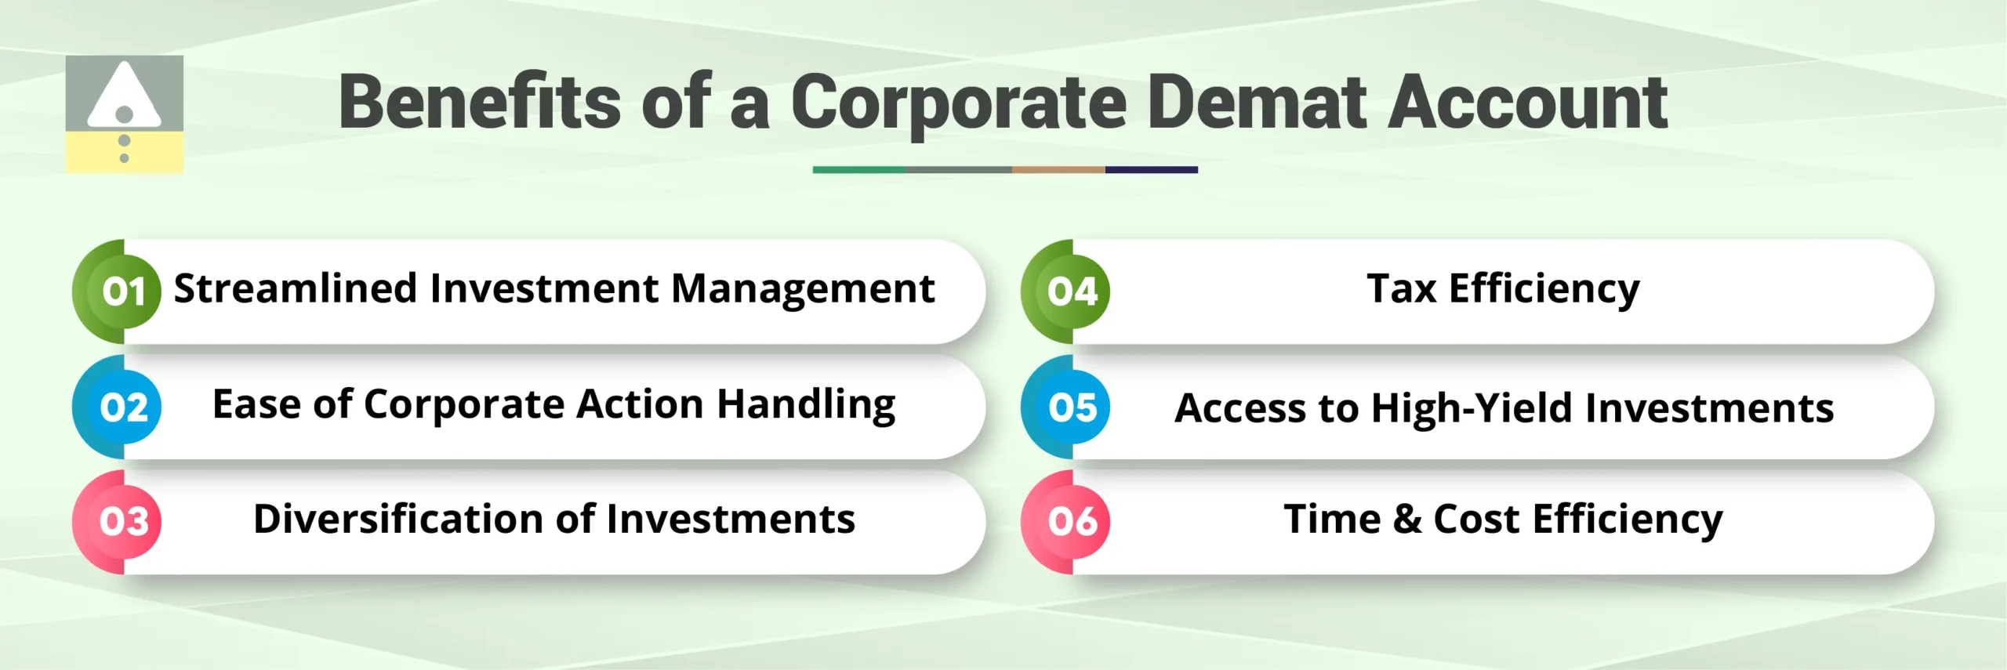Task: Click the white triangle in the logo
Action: (124, 98)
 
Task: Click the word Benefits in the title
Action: (479, 103)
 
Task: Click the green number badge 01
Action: (124, 292)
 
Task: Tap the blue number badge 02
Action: (124, 407)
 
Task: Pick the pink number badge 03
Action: (124, 522)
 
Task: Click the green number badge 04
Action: (1072, 292)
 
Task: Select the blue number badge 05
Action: (1072, 407)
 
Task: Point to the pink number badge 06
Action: (1072, 522)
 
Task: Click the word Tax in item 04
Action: (1401, 288)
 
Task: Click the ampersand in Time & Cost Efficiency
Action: (1407, 520)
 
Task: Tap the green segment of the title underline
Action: (859, 169)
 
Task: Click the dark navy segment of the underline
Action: (1151, 169)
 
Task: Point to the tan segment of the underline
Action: (1058, 169)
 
